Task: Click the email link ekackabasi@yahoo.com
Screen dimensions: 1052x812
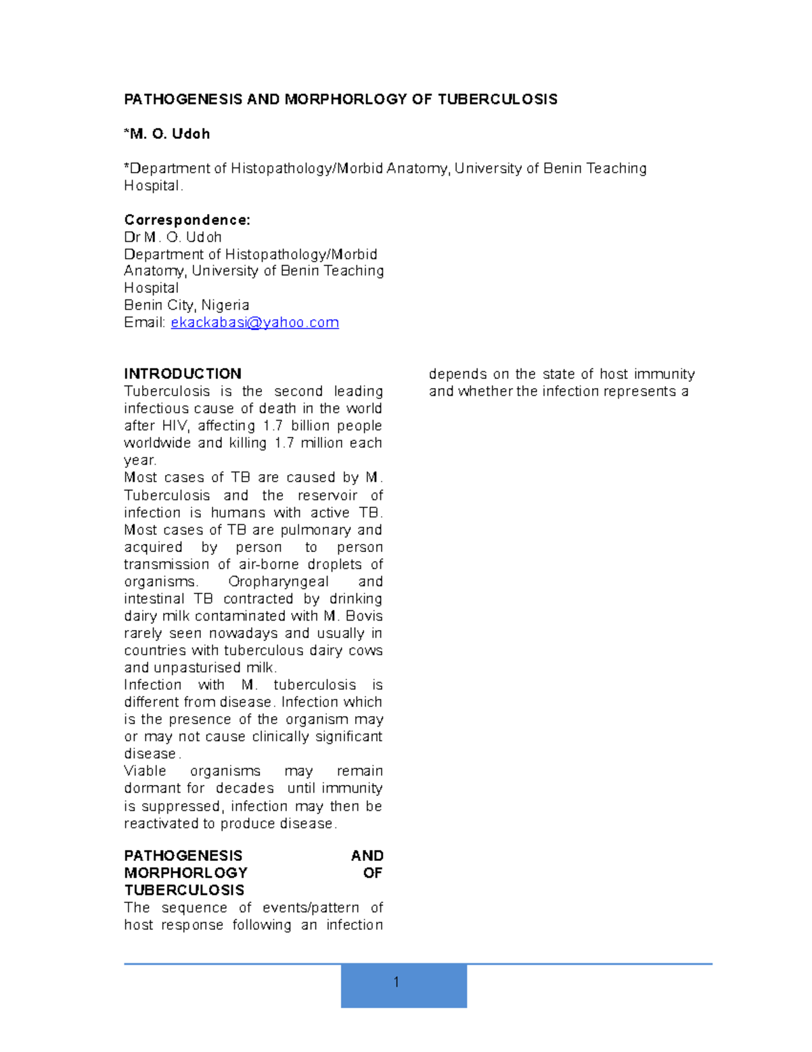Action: click(254, 322)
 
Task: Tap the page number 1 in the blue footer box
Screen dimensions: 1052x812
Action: click(396, 982)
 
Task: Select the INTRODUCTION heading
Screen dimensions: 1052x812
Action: click(183, 374)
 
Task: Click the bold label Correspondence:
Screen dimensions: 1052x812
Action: click(187, 220)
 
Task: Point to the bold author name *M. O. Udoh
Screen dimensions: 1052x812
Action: click(167, 134)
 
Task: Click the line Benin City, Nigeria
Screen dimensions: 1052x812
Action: click(187, 305)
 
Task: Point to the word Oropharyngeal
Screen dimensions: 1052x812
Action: click(278, 582)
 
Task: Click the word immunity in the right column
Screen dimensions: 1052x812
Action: click(665, 374)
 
